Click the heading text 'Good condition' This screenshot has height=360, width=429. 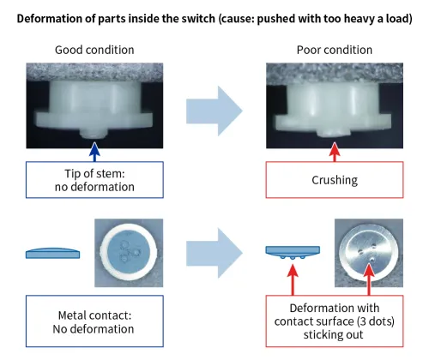click(x=94, y=50)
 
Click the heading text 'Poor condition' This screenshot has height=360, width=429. click(x=335, y=50)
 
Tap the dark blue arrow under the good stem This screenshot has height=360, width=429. click(x=94, y=152)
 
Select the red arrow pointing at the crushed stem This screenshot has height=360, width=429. click(x=335, y=152)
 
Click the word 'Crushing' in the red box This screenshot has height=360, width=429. click(x=335, y=180)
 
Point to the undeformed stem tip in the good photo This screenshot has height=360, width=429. click(x=94, y=134)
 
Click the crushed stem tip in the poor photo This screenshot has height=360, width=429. click(x=335, y=133)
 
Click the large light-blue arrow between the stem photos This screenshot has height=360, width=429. click(x=214, y=111)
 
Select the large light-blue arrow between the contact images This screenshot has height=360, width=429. click(x=214, y=253)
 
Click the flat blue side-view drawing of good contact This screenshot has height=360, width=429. click(x=53, y=253)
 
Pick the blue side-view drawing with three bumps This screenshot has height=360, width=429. click(x=293, y=253)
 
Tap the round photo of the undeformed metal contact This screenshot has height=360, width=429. click(x=129, y=253)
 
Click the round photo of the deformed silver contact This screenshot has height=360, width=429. click(x=369, y=253)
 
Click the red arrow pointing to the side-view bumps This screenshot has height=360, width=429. click(x=293, y=279)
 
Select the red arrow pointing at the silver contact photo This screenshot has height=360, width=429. click(x=369, y=279)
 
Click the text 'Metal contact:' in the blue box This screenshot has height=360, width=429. click(x=94, y=315)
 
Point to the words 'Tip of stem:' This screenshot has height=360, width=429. click(x=94, y=174)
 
